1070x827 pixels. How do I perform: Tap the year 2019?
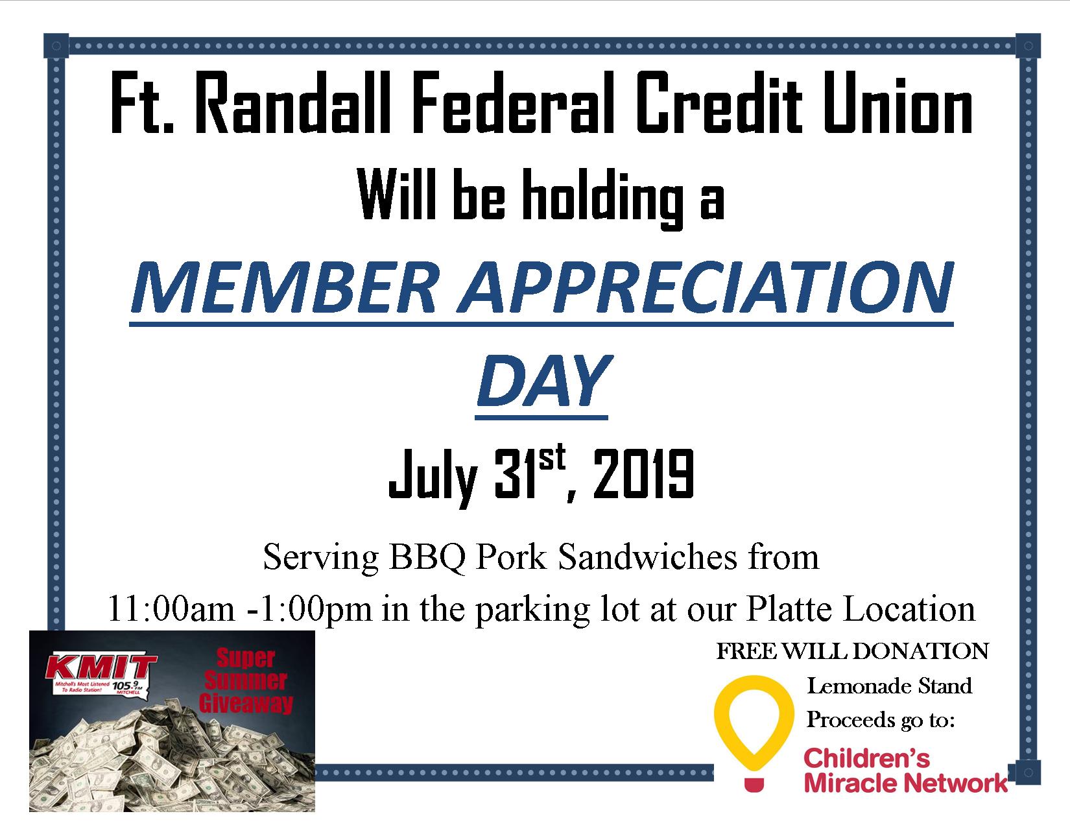(x=643, y=474)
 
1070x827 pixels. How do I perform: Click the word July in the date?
(x=433, y=478)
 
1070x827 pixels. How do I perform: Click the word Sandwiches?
(x=648, y=557)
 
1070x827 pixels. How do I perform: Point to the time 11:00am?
(x=171, y=609)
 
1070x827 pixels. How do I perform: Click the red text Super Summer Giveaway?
(x=246, y=680)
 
